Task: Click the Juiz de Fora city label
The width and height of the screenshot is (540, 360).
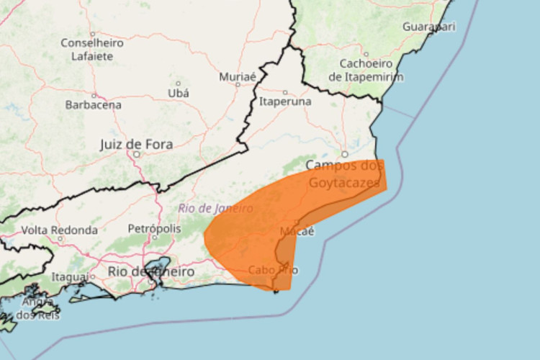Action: [136, 145]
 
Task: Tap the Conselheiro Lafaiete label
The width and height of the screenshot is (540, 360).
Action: [92, 50]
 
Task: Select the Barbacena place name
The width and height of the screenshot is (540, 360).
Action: [93, 104]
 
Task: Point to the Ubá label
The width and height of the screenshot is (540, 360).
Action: [178, 93]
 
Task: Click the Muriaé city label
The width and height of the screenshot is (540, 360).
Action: [238, 76]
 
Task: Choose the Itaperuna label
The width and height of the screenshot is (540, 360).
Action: [285, 102]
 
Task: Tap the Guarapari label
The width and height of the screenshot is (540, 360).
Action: [429, 27]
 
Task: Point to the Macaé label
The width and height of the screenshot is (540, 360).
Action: [297, 231]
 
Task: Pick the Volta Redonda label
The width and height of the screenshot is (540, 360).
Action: [59, 230]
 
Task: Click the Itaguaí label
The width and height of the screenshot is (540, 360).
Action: [70, 277]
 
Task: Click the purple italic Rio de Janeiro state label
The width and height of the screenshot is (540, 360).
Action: [215, 208]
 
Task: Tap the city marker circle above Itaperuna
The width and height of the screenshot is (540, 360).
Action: [285, 92]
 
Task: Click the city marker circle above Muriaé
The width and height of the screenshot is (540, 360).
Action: [238, 66]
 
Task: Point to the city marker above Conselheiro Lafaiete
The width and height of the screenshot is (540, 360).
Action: [92, 33]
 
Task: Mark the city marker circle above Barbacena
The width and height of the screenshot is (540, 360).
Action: [93, 95]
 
